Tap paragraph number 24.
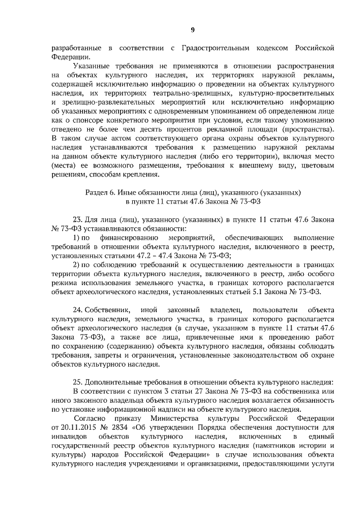pyautogui.click(x=79, y=310)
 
